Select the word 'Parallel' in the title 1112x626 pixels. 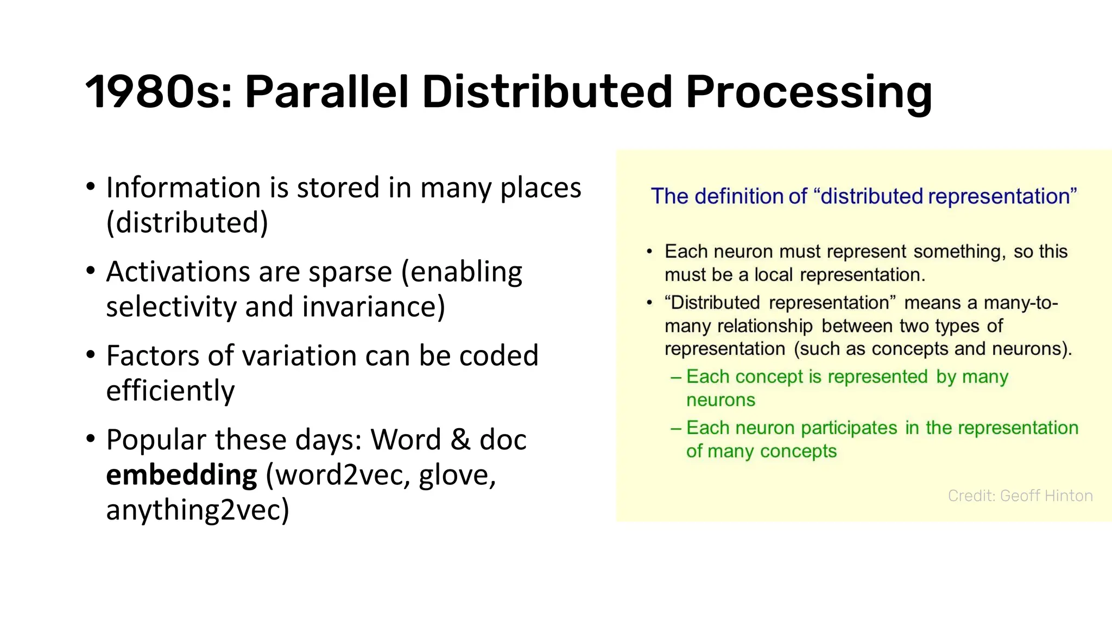point(326,92)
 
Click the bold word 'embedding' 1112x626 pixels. point(181,475)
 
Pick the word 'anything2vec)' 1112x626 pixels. point(198,510)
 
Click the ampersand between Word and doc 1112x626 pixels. point(460,440)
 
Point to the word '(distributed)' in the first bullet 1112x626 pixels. point(187,223)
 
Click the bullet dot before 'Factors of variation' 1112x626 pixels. point(91,354)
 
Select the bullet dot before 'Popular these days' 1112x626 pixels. point(91,438)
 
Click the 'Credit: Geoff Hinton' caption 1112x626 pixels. point(1020,496)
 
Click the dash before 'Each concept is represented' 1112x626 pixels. point(676,377)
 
